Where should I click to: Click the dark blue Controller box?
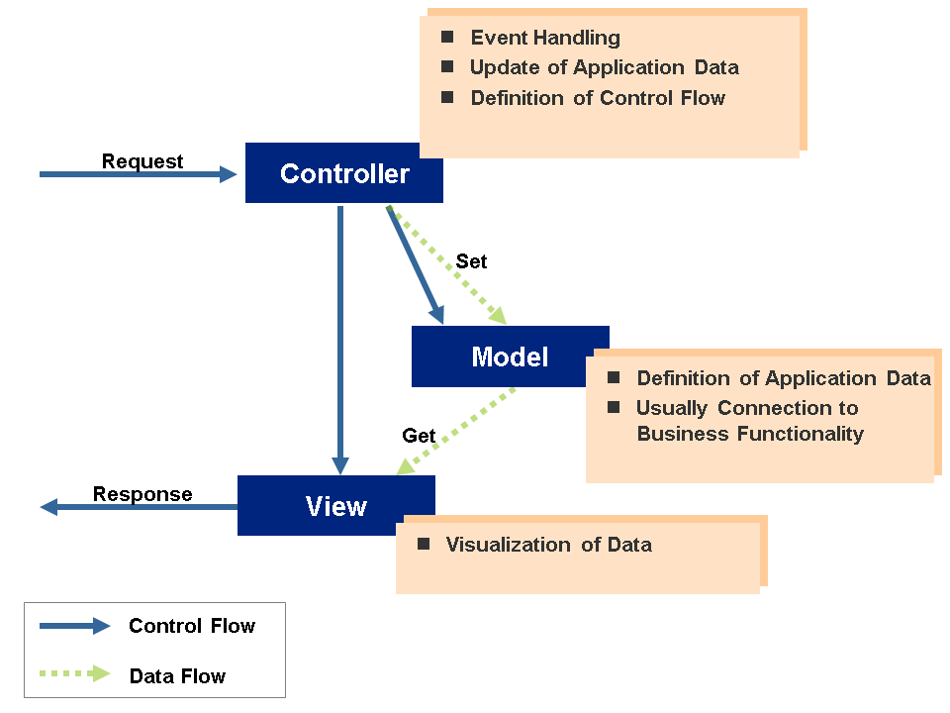click(343, 173)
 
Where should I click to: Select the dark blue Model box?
click(510, 356)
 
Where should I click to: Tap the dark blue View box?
click(335, 506)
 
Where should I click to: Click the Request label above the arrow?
click(142, 161)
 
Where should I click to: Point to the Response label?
click(142, 494)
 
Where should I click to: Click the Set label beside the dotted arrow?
click(471, 261)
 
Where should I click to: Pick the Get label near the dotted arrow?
click(419, 436)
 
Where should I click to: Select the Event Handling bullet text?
click(545, 38)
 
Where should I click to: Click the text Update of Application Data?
click(604, 67)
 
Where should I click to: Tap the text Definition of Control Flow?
click(598, 98)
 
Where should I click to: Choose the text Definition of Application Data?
click(784, 378)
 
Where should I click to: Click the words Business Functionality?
click(750, 434)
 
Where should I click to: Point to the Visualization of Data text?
click(548, 545)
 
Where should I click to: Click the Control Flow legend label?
click(192, 626)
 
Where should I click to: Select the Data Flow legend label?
click(177, 676)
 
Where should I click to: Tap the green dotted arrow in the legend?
click(74, 674)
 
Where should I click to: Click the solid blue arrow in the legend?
click(74, 626)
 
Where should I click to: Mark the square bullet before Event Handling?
click(447, 37)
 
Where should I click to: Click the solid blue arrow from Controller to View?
click(340, 337)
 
